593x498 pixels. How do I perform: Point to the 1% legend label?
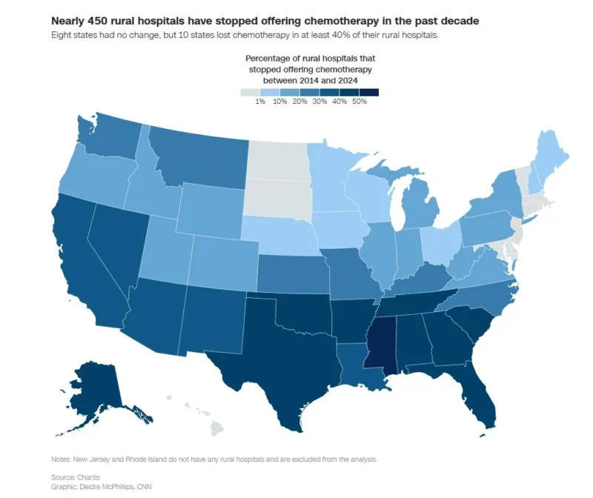[261, 102]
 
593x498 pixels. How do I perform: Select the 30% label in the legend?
[319, 102]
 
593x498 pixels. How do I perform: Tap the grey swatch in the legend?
[251, 92]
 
